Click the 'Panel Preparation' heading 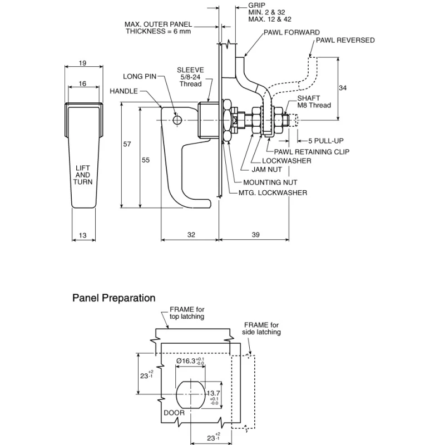(x=114, y=298)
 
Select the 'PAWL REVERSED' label (x=345, y=40)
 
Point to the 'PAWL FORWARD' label (x=291, y=32)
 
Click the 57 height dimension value (x=127, y=144)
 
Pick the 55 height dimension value (x=146, y=160)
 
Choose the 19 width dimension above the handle (x=82, y=63)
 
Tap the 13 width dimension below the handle (x=82, y=235)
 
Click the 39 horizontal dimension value (x=256, y=235)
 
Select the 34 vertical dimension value (x=343, y=88)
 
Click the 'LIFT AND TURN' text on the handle (x=83, y=175)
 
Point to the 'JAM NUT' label (x=267, y=170)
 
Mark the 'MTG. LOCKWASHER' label (x=273, y=193)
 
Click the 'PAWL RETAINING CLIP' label (x=311, y=152)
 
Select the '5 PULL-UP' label (x=326, y=141)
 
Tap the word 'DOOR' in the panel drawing (x=174, y=413)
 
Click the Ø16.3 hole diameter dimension (x=190, y=361)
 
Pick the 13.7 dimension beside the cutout (x=214, y=396)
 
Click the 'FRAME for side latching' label (x=261, y=329)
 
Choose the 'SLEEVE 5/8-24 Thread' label (x=190, y=77)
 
